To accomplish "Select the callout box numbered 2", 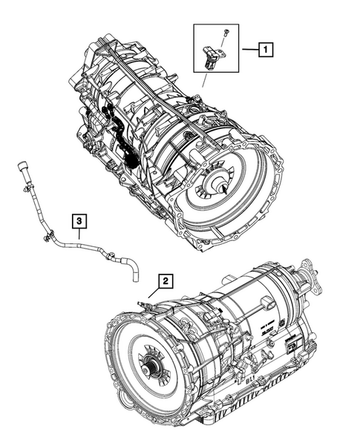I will [165, 280].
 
